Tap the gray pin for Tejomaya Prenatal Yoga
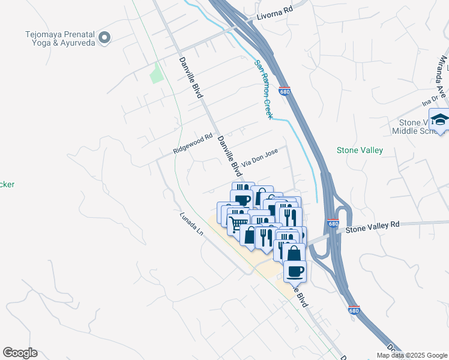coord(104,38)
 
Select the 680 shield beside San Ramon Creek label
coord(285,92)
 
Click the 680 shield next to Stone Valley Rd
coord(333,223)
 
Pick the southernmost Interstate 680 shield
coord(355,310)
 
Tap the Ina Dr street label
coord(430,100)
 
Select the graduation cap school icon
coord(439,119)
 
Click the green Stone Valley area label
coord(360,151)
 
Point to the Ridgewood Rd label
coord(193,144)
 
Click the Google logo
coord(20,353)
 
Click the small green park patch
coord(156,73)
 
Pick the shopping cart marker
coord(240,223)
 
